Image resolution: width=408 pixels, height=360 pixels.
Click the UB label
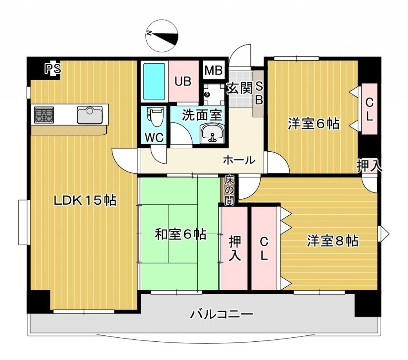coord(183,81)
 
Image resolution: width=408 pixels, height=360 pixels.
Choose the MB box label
coord(214,71)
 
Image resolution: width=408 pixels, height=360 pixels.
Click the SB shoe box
coord(259,93)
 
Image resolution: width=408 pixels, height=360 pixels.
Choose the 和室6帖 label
coord(180,234)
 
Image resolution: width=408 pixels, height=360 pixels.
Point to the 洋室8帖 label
coord(332,241)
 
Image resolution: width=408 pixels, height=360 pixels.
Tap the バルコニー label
coord(221,315)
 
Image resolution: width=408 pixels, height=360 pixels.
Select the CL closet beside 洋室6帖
coord(369,109)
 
